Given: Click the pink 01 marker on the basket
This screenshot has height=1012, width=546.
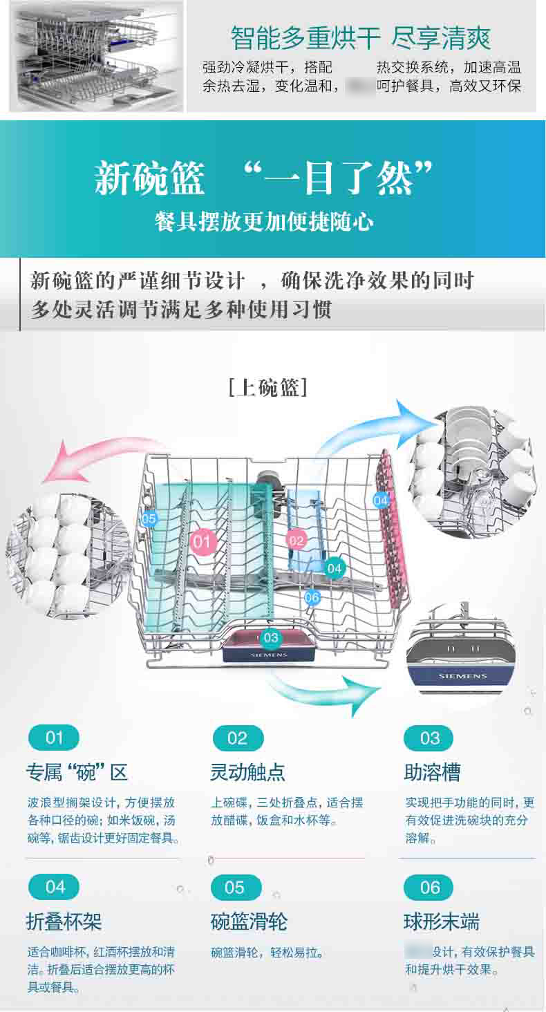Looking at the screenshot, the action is click(x=202, y=541).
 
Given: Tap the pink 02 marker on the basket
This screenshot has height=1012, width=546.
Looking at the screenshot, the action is click(x=296, y=540).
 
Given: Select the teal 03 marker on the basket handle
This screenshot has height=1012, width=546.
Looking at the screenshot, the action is click(x=270, y=637).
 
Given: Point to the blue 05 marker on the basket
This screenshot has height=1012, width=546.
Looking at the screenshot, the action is click(x=149, y=518).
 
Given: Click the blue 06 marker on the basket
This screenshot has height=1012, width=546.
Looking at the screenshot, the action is click(x=312, y=597).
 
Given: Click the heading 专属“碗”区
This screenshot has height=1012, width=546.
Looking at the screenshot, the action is click(x=77, y=772).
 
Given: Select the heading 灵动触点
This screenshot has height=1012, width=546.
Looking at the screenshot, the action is click(x=247, y=772).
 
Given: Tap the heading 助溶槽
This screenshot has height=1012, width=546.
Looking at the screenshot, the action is click(x=432, y=772).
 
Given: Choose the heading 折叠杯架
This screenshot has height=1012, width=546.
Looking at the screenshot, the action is click(x=64, y=921).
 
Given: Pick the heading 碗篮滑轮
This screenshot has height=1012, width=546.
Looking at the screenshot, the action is click(x=249, y=921).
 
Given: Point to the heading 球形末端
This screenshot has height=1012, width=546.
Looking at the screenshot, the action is click(x=441, y=921).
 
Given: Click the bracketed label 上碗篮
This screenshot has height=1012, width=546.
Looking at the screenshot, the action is click(x=267, y=387).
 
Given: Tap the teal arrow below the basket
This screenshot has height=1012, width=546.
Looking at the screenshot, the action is click(x=325, y=691).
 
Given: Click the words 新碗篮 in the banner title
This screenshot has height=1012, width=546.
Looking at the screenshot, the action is click(x=149, y=178).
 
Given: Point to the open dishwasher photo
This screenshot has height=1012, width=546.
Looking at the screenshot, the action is click(x=96, y=55).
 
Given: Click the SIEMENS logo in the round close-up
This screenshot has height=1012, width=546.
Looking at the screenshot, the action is click(x=462, y=676).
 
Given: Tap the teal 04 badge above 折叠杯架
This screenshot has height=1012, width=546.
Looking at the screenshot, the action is click(x=55, y=887).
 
